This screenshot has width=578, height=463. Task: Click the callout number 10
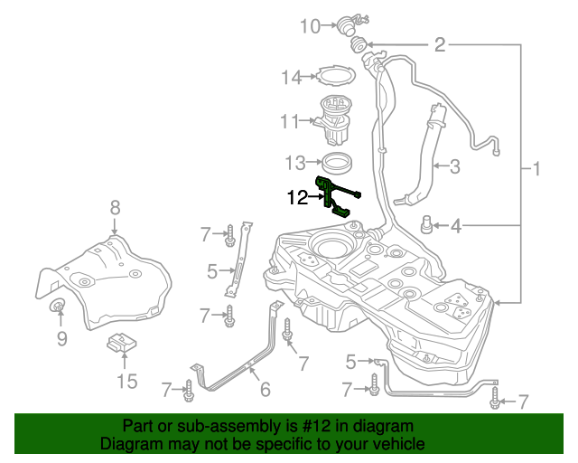310,26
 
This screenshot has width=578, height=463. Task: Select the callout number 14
290,78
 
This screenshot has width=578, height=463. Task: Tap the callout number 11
289,121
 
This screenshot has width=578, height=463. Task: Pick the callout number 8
115,208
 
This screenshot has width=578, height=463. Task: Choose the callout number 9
62,338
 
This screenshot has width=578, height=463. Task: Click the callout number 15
127,381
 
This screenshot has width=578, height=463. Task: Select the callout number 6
266,390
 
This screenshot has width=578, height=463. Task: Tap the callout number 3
454,166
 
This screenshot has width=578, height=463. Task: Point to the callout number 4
456,225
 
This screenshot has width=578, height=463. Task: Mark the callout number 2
440,44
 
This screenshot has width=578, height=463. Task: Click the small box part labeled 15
122,345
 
